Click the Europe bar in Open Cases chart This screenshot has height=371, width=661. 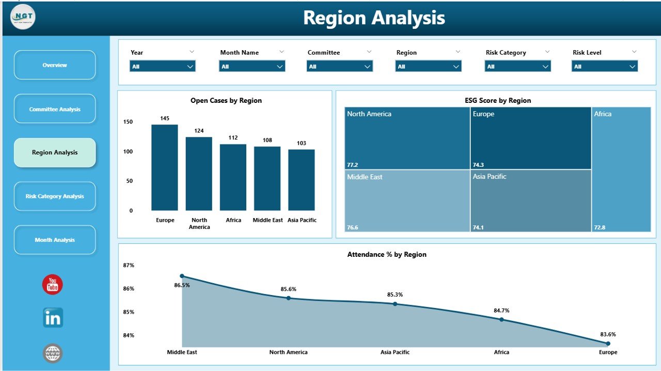(164, 167)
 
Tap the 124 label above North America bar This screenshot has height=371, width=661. (199, 131)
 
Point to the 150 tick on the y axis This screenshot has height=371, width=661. (128, 122)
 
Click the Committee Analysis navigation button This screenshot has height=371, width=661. (55, 109)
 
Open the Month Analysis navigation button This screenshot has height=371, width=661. (55, 240)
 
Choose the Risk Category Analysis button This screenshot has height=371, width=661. (55, 196)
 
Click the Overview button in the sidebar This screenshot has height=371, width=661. (55, 65)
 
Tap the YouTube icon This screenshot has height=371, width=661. (52, 285)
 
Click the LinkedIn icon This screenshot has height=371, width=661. (53, 318)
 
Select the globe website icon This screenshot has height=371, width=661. (53, 353)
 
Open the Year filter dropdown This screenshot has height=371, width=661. (162, 66)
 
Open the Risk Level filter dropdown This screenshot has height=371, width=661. (604, 66)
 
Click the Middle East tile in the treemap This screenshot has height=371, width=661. (407, 200)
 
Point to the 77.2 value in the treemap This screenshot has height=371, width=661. (353, 165)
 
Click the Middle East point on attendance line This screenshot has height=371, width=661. (182, 276)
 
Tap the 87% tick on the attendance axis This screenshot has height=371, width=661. (129, 266)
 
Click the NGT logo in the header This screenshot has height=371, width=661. (23, 17)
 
